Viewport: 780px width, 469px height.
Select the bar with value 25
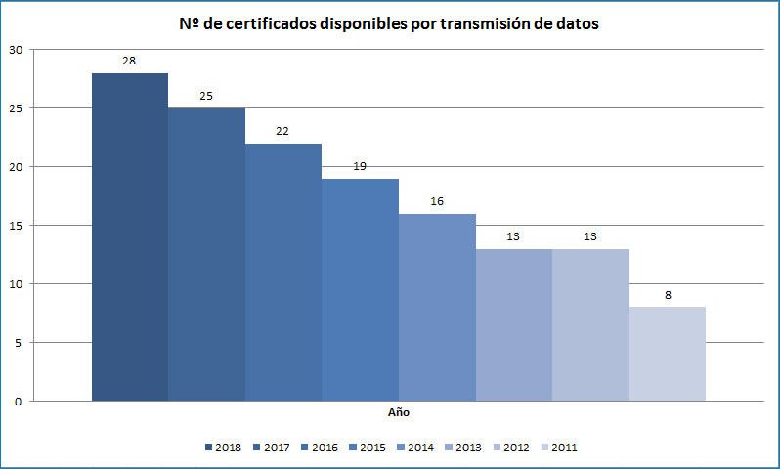pos(206,254)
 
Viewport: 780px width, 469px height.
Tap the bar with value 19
pos(360,289)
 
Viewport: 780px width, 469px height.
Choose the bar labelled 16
pos(437,307)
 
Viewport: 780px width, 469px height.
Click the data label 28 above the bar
pos(129,61)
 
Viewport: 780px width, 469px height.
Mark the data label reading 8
pos(668,295)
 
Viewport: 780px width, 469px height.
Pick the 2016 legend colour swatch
pos(304,448)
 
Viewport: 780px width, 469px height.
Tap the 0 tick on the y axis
pos(17,401)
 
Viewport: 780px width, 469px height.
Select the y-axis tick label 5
pos(17,342)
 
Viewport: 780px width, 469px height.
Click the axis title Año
pos(398,413)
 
